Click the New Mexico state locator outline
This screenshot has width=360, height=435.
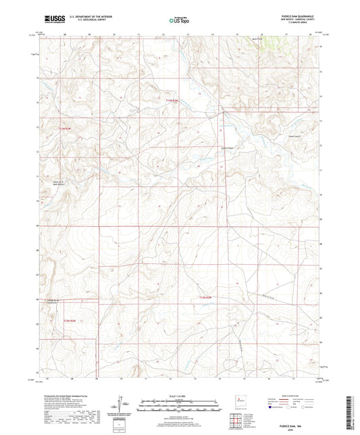[236, 400]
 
